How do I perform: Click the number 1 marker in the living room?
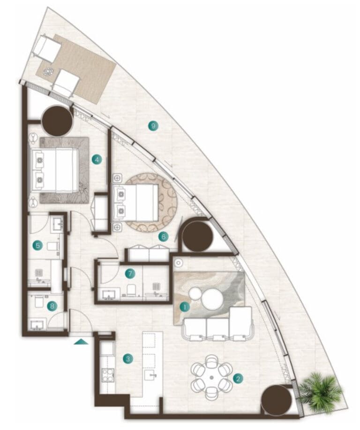185,307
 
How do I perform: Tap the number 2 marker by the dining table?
238,379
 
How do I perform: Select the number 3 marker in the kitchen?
128,358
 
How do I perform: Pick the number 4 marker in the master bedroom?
97,159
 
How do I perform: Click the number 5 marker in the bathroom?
37,245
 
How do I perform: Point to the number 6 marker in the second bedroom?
164,237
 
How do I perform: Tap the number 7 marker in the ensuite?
130,274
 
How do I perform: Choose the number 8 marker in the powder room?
52,306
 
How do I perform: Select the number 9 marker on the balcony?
153,126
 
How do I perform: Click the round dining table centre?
211,378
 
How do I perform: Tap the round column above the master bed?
57,121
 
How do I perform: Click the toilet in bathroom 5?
53,246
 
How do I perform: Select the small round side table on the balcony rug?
48,72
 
